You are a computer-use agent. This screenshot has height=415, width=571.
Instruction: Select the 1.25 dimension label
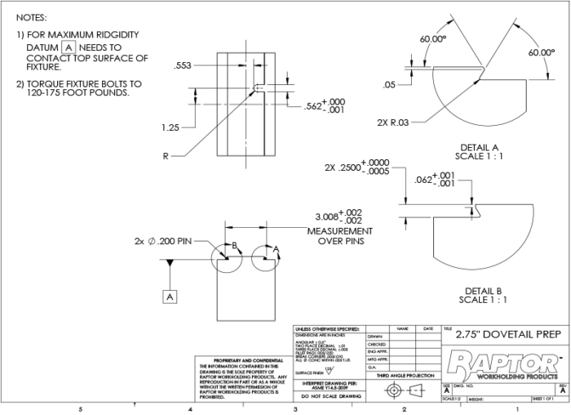[x=170, y=127]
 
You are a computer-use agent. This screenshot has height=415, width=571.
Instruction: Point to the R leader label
[x=166, y=155]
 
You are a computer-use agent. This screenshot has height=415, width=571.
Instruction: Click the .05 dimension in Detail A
[x=389, y=85]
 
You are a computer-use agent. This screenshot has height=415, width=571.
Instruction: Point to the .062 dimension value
[x=434, y=180]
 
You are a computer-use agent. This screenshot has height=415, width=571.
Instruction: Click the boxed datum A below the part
[x=170, y=297]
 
